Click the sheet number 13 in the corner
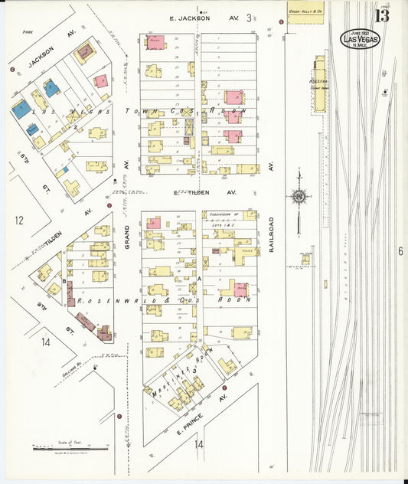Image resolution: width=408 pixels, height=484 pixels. coord(380,15)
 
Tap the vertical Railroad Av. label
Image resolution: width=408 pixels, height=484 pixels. coord(271,233)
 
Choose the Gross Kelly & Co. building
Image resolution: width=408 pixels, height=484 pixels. coord(305,12)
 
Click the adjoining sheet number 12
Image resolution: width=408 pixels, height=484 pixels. coord(18,221)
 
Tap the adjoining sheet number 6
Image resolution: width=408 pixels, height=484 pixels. coord(400,250)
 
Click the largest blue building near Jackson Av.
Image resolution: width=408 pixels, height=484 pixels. coord(21,109)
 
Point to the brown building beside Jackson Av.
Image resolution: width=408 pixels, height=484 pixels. coord(84,53)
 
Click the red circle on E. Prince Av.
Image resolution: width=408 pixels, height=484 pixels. coord(119,417)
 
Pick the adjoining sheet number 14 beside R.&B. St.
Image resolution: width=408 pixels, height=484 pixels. coord(46,342)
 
